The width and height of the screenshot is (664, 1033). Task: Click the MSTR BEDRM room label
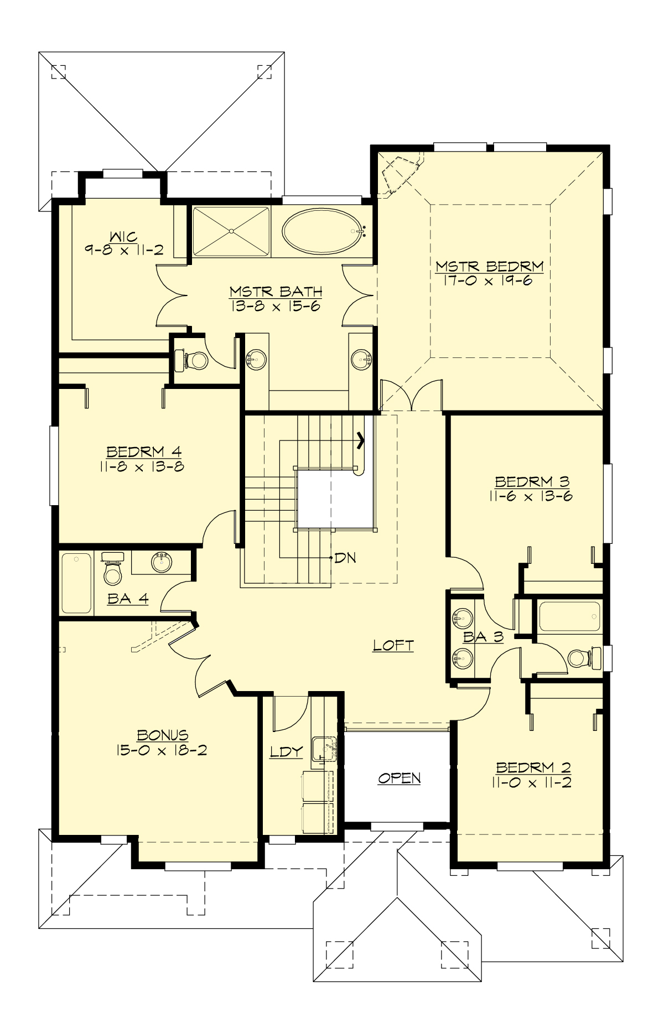click(x=489, y=267)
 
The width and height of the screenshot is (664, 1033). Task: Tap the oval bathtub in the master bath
click(x=320, y=231)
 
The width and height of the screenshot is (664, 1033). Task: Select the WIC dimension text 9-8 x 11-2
click(x=124, y=250)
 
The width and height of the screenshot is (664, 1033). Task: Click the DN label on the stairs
click(x=345, y=558)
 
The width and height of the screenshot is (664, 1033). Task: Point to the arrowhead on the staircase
click(x=361, y=440)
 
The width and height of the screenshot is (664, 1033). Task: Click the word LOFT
click(x=393, y=645)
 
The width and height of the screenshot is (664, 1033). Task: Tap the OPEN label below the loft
click(x=399, y=778)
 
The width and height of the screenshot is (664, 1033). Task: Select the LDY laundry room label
click(x=287, y=751)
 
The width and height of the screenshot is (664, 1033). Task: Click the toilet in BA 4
click(x=113, y=572)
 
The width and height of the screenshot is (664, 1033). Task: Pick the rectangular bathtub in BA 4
click(x=76, y=583)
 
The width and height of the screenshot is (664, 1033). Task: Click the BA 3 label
click(x=483, y=637)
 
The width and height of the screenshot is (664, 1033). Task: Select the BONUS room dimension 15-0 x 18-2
click(x=162, y=750)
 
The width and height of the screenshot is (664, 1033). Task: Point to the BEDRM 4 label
click(x=144, y=452)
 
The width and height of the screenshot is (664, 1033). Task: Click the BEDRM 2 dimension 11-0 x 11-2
click(x=531, y=782)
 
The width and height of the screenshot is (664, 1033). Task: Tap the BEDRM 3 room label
click(x=532, y=481)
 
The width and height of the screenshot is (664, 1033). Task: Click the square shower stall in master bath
click(x=231, y=231)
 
